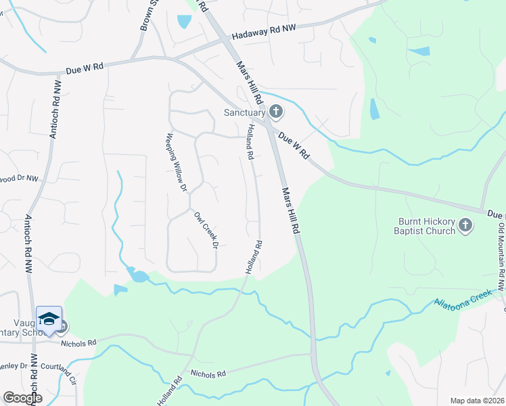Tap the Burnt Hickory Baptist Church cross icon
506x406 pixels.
tap(465, 225)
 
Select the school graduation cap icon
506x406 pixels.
tap(49, 319)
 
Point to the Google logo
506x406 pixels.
tap(22, 398)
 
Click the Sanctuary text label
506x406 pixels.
tap(246, 112)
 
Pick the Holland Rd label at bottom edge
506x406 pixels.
tap(170, 392)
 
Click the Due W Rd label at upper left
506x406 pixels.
tap(85, 68)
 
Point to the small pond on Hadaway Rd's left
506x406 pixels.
tap(183, 22)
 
